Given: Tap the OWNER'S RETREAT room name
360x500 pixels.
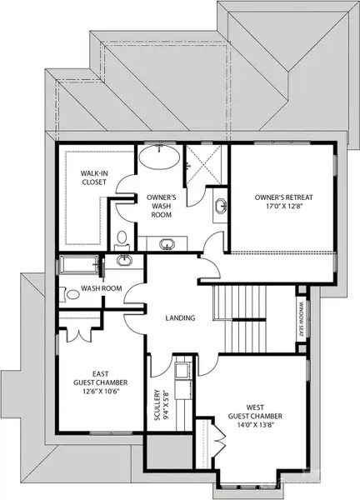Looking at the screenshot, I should (x=282, y=197).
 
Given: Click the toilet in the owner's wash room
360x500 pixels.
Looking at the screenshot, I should (x=122, y=239).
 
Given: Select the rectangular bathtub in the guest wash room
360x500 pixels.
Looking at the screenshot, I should (x=77, y=267).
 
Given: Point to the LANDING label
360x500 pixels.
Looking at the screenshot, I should (x=180, y=317).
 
